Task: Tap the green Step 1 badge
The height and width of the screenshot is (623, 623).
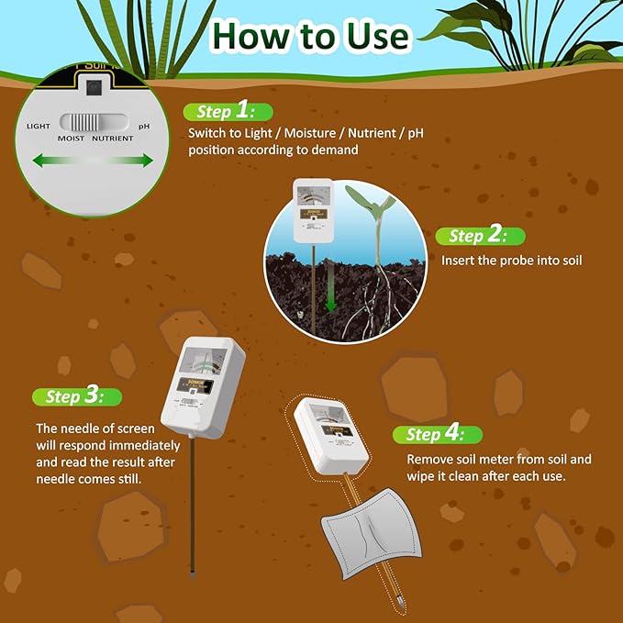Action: [x=228, y=112]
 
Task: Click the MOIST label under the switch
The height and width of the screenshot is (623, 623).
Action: [x=72, y=139]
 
